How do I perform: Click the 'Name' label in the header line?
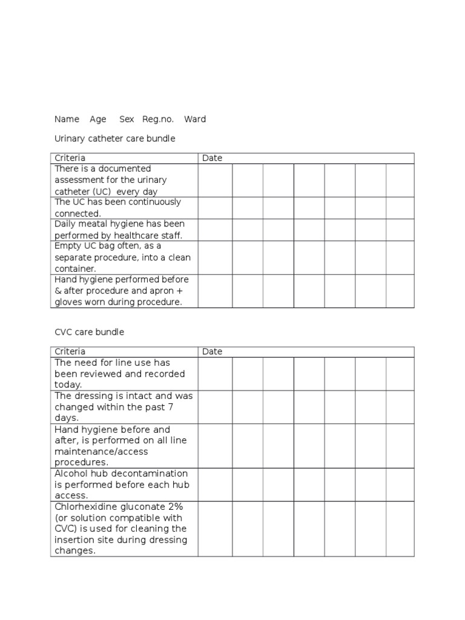(x=67, y=119)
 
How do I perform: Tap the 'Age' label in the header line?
(x=97, y=119)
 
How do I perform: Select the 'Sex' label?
(x=127, y=119)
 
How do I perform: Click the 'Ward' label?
(x=195, y=119)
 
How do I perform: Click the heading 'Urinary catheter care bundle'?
(x=114, y=139)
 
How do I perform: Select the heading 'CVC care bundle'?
(x=89, y=332)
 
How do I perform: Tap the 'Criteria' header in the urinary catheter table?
(x=70, y=158)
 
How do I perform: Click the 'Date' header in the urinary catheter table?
(x=212, y=158)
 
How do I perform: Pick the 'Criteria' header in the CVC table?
(x=70, y=352)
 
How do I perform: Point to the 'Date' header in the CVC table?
(x=212, y=352)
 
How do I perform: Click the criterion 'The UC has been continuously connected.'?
(x=117, y=208)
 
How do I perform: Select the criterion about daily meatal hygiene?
(x=119, y=230)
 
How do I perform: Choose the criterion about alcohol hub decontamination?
(x=121, y=484)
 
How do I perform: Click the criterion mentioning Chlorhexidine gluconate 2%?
(x=121, y=529)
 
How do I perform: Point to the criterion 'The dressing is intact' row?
(x=124, y=407)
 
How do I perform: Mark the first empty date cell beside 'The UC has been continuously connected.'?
(x=215, y=208)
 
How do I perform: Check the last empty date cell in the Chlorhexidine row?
(x=400, y=529)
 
